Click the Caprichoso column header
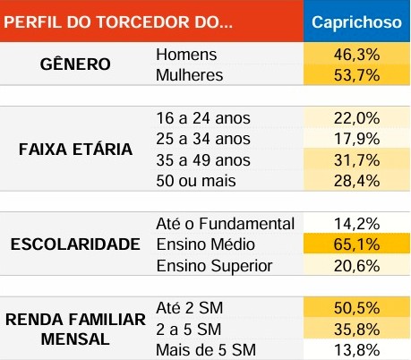pyautogui.click(x=356, y=22)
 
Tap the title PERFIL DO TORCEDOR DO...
pyautogui.click(x=118, y=22)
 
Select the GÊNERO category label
pyautogui.click(x=75, y=64)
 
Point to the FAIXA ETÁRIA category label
pyautogui.click(x=75, y=149)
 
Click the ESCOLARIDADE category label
pyautogui.click(x=75, y=244)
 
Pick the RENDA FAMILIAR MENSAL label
pyautogui.click(x=75, y=330)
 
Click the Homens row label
pyautogui.click(x=186, y=55)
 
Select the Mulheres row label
pyautogui.click(x=189, y=75)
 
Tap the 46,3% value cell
pyautogui.click(x=356, y=55)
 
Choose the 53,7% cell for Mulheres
pyautogui.click(x=356, y=75)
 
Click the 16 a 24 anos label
pyautogui.click(x=203, y=118)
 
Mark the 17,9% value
pyautogui.click(x=356, y=139)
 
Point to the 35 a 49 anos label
pyautogui.click(x=203, y=160)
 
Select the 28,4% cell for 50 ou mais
pyautogui.click(x=356, y=181)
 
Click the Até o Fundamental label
pyautogui.click(x=226, y=224)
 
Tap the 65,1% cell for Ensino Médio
pyautogui.click(x=356, y=244)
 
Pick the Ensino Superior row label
pyautogui.click(x=214, y=266)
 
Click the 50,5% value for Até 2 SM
pyautogui.click(x=356, y=308)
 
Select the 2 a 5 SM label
pyautogui.click(x=189, y=330)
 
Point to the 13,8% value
pyautogui.click(x=356, y=350)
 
